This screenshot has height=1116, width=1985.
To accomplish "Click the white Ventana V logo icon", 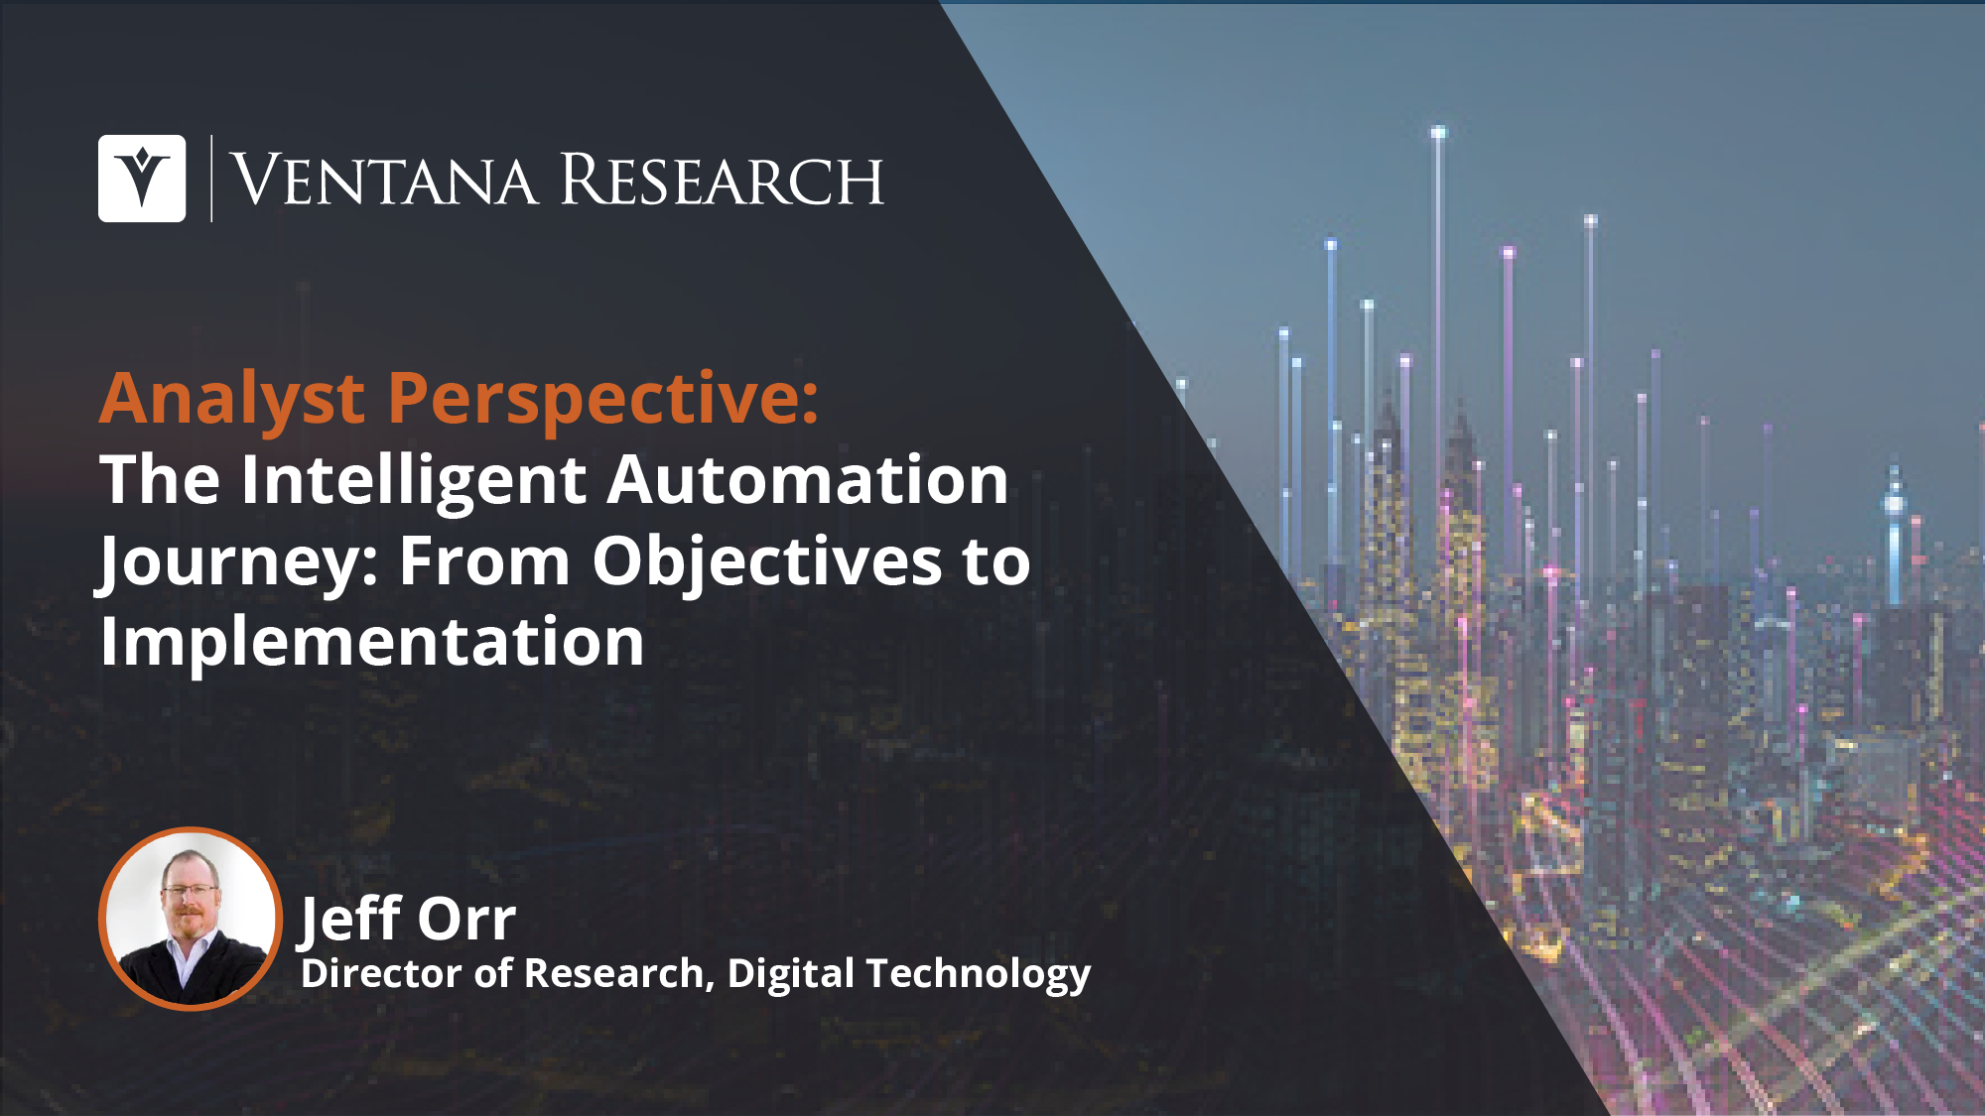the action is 142,179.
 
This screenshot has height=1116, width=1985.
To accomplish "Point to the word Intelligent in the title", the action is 414,481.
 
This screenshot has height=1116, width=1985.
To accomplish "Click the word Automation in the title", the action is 808,480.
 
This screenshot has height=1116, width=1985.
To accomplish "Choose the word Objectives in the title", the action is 767,561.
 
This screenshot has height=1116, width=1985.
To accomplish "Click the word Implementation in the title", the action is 373,643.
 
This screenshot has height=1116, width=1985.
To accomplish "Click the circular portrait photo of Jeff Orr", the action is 191,919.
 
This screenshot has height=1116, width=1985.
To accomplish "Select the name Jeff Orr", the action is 408,919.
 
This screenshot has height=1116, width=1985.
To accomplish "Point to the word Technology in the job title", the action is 979,974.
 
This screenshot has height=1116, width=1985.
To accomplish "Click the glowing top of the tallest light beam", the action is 1438,132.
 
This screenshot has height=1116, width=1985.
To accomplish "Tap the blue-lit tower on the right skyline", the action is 1895,536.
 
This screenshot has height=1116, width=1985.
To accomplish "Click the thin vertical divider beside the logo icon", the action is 211,179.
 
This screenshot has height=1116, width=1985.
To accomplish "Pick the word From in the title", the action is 485,561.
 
